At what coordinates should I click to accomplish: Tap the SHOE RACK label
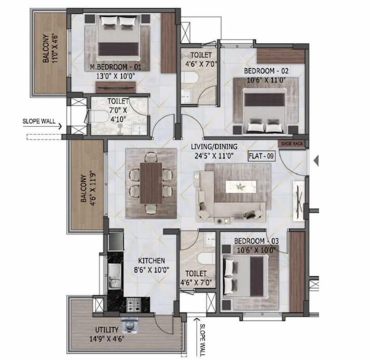tap(291, 144)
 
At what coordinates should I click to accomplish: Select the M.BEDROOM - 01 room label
tap(116, 67)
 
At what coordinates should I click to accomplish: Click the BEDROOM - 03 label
tap(258, 240)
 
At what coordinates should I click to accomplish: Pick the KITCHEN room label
tap(152, 261)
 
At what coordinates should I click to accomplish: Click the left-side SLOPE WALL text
tap(39, 122)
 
